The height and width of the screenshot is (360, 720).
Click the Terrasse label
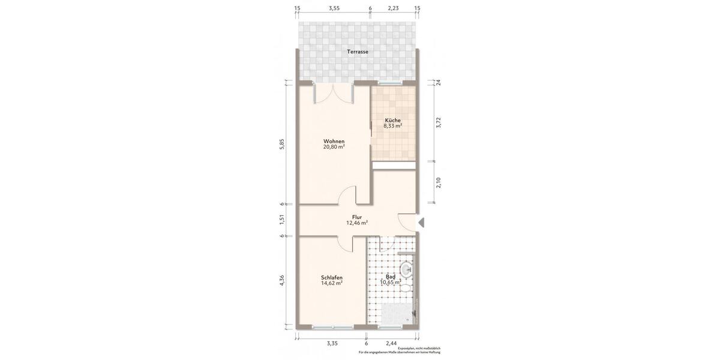358,52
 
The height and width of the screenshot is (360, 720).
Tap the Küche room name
392,120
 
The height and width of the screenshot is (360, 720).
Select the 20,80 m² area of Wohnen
334,147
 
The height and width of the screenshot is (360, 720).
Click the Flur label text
357,217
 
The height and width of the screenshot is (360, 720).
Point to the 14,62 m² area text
332,283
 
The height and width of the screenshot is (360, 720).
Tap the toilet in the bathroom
406,289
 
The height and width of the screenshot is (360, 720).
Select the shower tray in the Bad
397,314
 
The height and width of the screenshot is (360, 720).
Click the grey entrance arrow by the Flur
421,223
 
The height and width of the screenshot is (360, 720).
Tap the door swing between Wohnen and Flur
347,196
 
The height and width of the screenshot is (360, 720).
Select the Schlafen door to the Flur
344,243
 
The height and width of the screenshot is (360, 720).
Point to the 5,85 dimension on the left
282,145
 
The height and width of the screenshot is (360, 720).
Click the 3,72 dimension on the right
439,122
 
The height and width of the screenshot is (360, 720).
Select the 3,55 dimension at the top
334,8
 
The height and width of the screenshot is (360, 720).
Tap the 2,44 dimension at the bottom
391,343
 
